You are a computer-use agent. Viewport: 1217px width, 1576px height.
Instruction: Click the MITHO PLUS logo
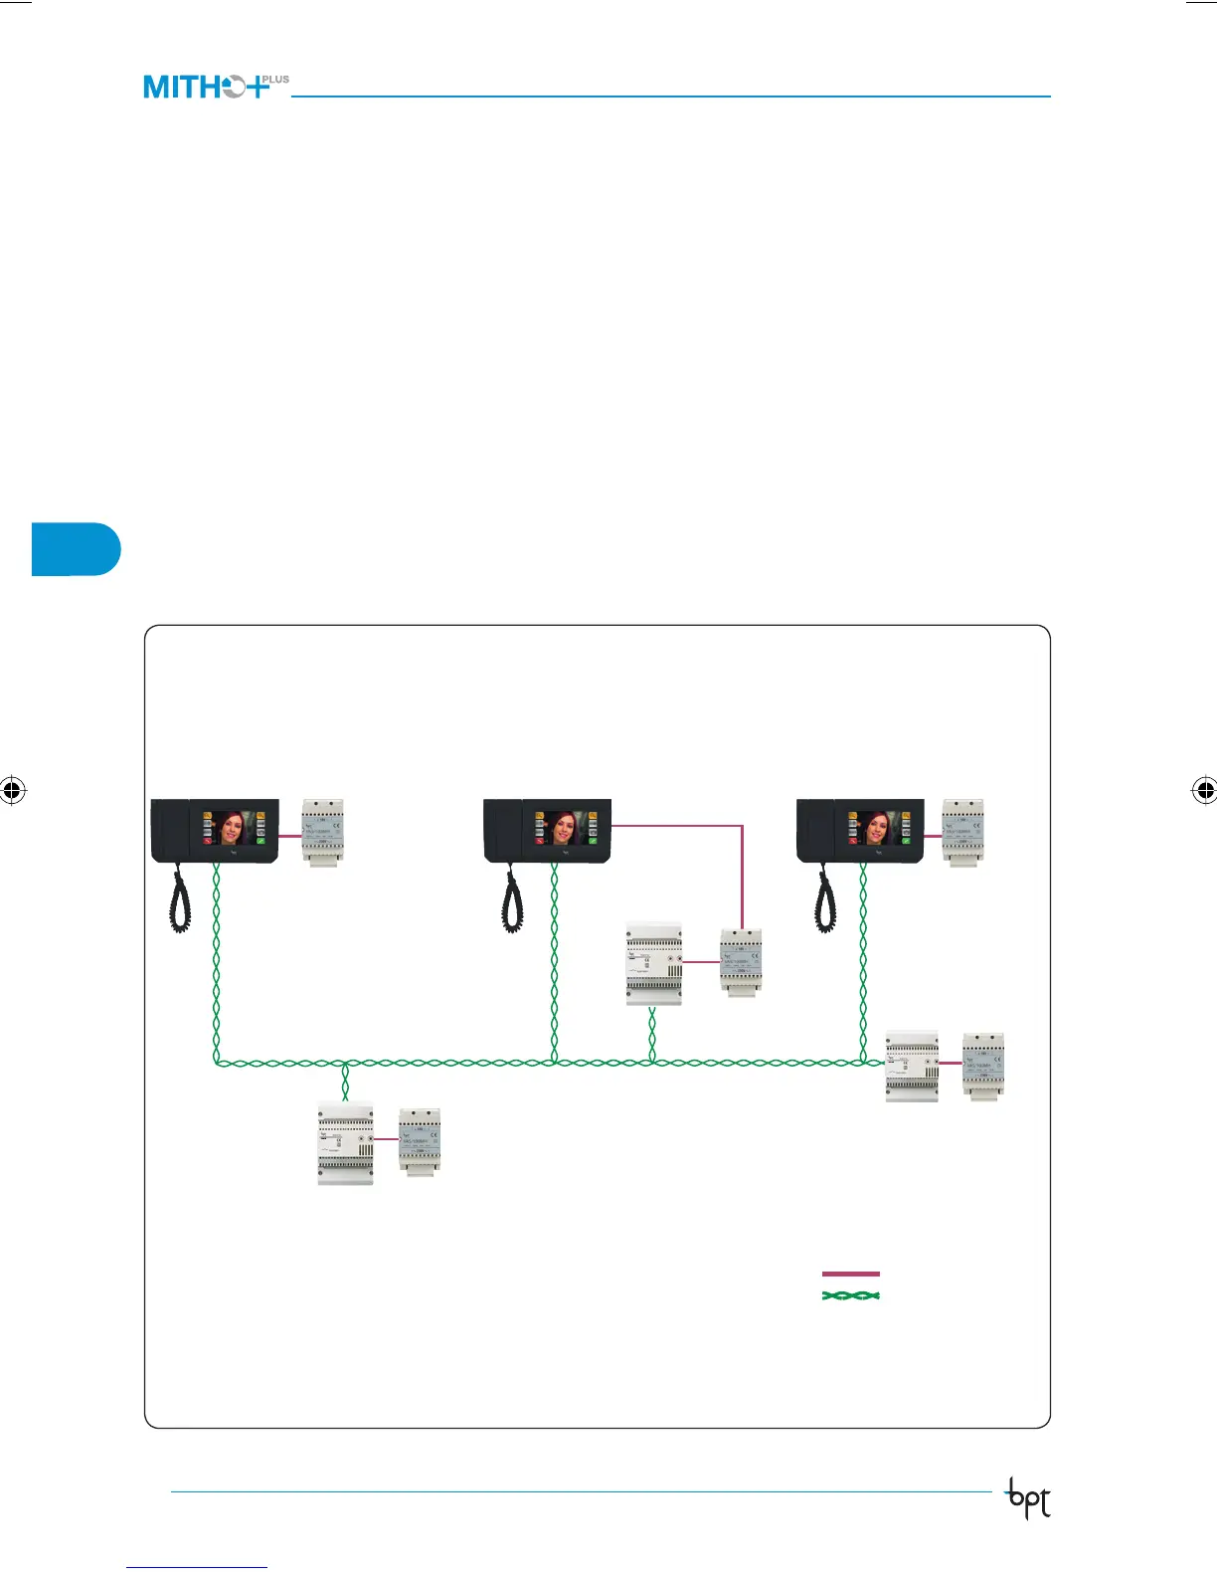pos(216,87)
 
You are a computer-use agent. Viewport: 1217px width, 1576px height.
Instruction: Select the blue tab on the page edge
pos(76,548)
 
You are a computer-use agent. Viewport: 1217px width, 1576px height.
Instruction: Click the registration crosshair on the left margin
pos(12,791)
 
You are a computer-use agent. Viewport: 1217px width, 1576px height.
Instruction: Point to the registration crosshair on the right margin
pos(1204,791)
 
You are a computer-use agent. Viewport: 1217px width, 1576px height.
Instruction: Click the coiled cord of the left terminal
pos(180,899)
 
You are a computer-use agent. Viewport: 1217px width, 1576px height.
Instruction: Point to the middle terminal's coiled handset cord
pos(512,899)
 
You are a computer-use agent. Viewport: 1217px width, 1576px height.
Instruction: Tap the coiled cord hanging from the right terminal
pos(825,899)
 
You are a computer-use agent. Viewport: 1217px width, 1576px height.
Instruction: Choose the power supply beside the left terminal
pos(323,832)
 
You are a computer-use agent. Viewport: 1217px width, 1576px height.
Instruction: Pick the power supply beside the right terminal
pos(962,832)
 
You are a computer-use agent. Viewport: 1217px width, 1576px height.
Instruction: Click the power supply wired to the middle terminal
pos(741,962)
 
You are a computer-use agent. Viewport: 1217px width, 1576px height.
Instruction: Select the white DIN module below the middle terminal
pos(654,963)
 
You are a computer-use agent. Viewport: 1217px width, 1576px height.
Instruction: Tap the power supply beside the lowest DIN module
pos(420,1140)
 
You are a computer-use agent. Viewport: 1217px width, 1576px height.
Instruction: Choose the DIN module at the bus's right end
pos(912,1066)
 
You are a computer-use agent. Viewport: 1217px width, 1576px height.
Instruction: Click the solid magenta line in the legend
pos(851,1274)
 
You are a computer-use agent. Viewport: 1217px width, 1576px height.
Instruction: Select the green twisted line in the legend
pos(851,1295)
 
